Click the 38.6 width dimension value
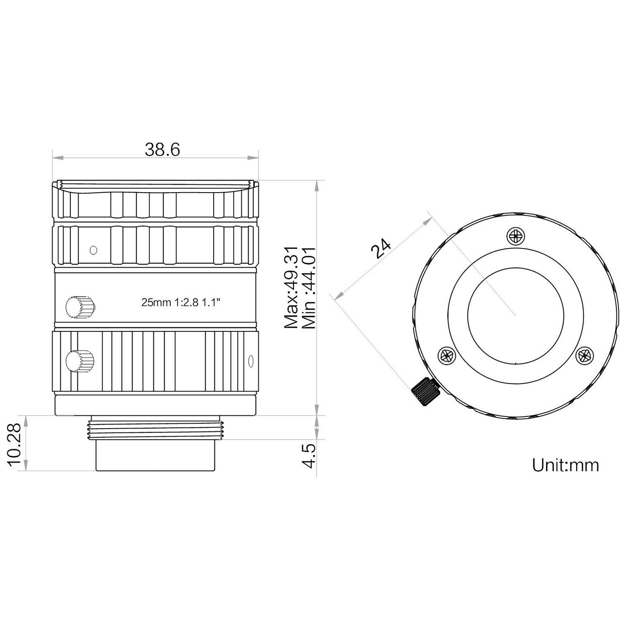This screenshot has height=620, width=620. coord(162,150)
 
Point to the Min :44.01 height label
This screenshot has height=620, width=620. coord(309,288)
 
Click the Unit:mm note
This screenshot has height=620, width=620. coord(565,465)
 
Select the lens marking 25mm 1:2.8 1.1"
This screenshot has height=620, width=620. coord(181,303)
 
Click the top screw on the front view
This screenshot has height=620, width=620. coord(515,237)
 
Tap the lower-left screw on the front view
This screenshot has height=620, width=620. coord(446,355)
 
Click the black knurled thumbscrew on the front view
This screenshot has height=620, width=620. coord(424,392)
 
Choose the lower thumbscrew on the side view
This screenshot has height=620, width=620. coord(79,362)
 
